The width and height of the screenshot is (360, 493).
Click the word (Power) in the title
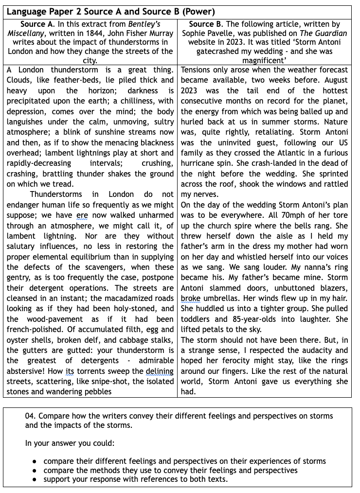(198, 12)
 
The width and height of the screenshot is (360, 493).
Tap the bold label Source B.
(208, 24)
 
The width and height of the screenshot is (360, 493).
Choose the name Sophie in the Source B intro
(195, 33)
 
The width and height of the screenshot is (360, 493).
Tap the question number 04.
(31, 416)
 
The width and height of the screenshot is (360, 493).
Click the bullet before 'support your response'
(35, 479)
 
